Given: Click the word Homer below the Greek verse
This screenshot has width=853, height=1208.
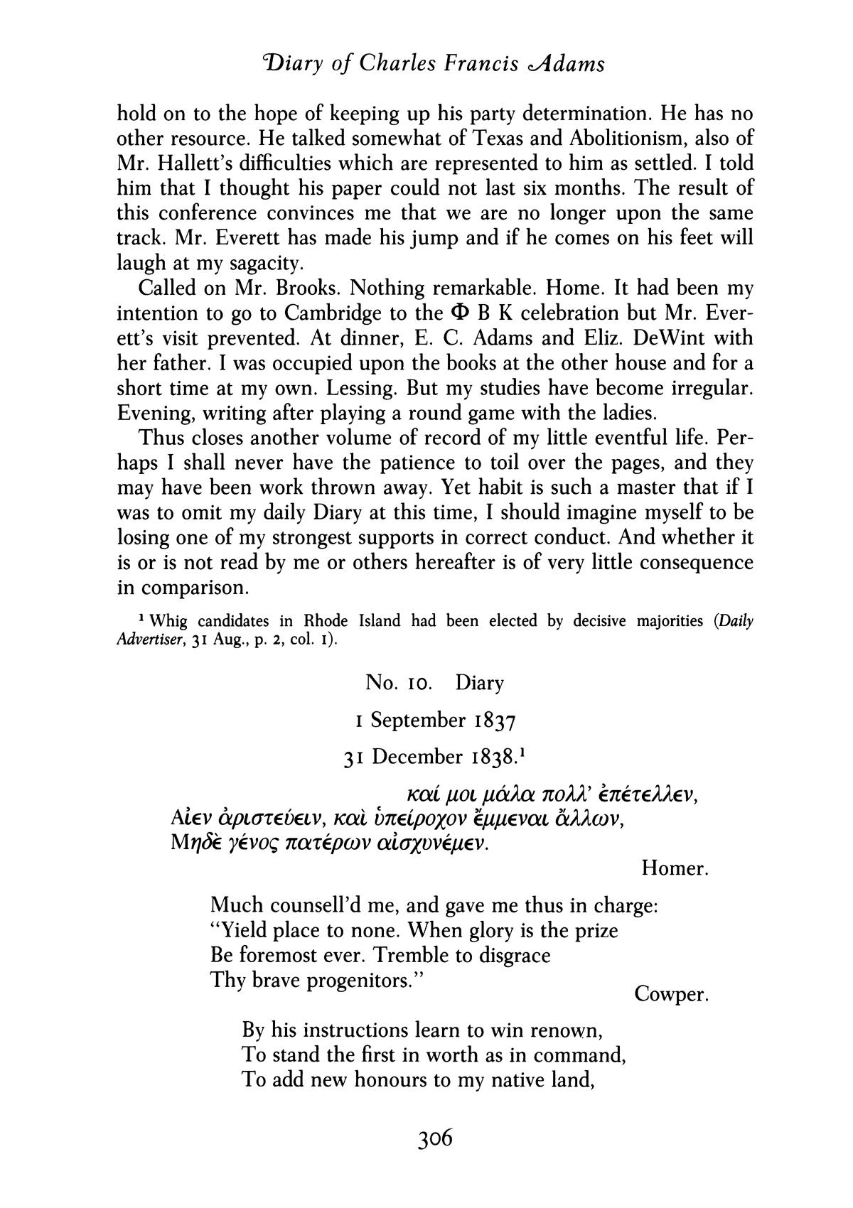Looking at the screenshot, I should [x=674, y=868].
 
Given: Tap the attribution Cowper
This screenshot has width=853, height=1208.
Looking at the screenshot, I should [x=671, y=994].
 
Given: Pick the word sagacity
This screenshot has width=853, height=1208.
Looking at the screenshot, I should [x=261, y=264].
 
